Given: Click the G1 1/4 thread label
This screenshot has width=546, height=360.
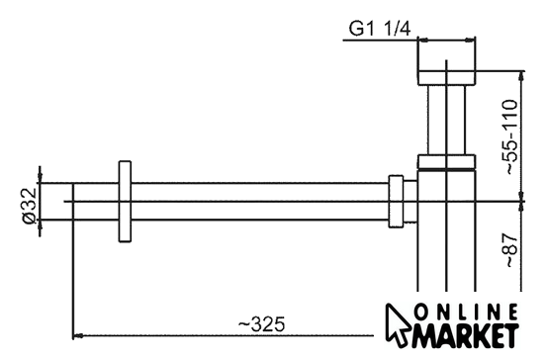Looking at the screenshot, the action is point(380,29).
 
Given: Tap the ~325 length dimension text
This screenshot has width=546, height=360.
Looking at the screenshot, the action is point(261,324).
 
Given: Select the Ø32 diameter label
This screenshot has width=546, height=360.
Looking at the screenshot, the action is point(30,206).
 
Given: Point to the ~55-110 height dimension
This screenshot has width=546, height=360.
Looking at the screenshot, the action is point(509,136).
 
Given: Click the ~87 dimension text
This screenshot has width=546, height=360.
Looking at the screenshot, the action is point(510,250).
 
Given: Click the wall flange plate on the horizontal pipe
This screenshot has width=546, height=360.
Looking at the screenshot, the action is point(125,201).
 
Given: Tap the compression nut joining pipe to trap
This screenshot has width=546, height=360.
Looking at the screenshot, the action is point(396,201).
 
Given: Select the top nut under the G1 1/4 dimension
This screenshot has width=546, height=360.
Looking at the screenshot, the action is point(446,78).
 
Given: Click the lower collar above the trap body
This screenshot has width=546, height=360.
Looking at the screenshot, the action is point(446,161).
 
